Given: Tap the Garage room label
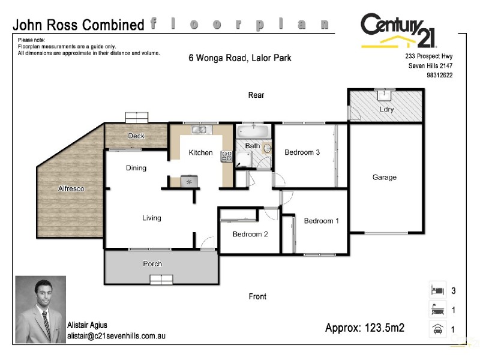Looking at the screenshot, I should tap(384, 178).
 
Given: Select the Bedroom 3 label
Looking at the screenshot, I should tap(302, 152).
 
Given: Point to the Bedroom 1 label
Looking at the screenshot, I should tap(321, 221).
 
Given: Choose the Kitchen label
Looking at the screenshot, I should tap(200, 152).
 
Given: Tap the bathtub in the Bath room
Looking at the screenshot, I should tap(253, 130).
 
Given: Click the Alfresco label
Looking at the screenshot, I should tap(71, 189).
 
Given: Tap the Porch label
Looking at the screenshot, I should tap(152, 264).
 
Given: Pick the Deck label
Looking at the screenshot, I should tap(136, 136).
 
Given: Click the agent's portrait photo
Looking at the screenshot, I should tap(40, 309).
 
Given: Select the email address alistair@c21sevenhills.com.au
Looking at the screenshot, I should tap(116, 336).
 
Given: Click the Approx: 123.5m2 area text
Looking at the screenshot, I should tap(364, 328).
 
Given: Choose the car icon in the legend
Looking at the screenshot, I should tap(436, 329).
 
